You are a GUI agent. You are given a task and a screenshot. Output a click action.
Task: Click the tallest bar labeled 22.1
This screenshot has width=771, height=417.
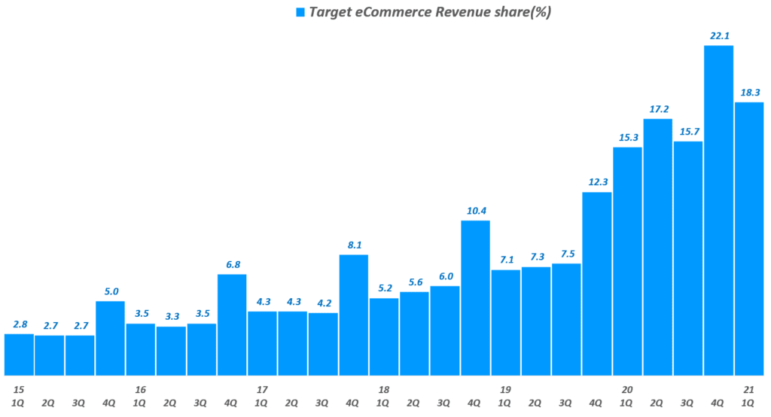click(718, 211)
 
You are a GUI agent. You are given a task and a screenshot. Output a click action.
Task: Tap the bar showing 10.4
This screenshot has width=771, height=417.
click(475, 298)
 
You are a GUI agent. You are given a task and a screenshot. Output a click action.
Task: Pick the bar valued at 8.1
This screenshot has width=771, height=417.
click(354, 315)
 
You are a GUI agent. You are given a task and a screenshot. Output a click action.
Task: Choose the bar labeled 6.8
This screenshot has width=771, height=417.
click(232, 325)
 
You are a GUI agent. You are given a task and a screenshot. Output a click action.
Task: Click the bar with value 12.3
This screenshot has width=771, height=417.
click(597, 284)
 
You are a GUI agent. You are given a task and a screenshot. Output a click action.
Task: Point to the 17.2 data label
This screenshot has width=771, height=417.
click(658, 108)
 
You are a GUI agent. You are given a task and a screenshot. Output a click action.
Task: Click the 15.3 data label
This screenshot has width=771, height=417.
click(627, 137)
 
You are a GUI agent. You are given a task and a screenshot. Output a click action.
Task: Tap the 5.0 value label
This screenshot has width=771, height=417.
click(111, 291)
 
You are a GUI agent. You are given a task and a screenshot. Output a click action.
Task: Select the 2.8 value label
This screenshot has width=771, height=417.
click(20, 324)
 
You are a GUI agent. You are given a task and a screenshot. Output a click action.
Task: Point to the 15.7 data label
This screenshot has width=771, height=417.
click(688, 131)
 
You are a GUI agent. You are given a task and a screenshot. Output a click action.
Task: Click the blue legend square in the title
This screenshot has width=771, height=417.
click(300, 13)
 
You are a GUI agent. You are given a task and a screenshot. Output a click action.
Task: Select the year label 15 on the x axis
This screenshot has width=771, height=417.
click(19, 389)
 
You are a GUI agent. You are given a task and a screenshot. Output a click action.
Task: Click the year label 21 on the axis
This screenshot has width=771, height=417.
click(749, 389)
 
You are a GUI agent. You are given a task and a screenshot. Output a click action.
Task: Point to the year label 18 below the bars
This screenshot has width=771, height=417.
click(384, 389)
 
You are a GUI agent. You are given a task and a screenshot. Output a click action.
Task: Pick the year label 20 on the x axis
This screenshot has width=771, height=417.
click(627, 389)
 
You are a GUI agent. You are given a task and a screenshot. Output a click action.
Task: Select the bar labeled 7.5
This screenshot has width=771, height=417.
click(566, 320)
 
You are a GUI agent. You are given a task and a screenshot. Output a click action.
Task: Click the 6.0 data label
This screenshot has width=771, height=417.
click(445, 276)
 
